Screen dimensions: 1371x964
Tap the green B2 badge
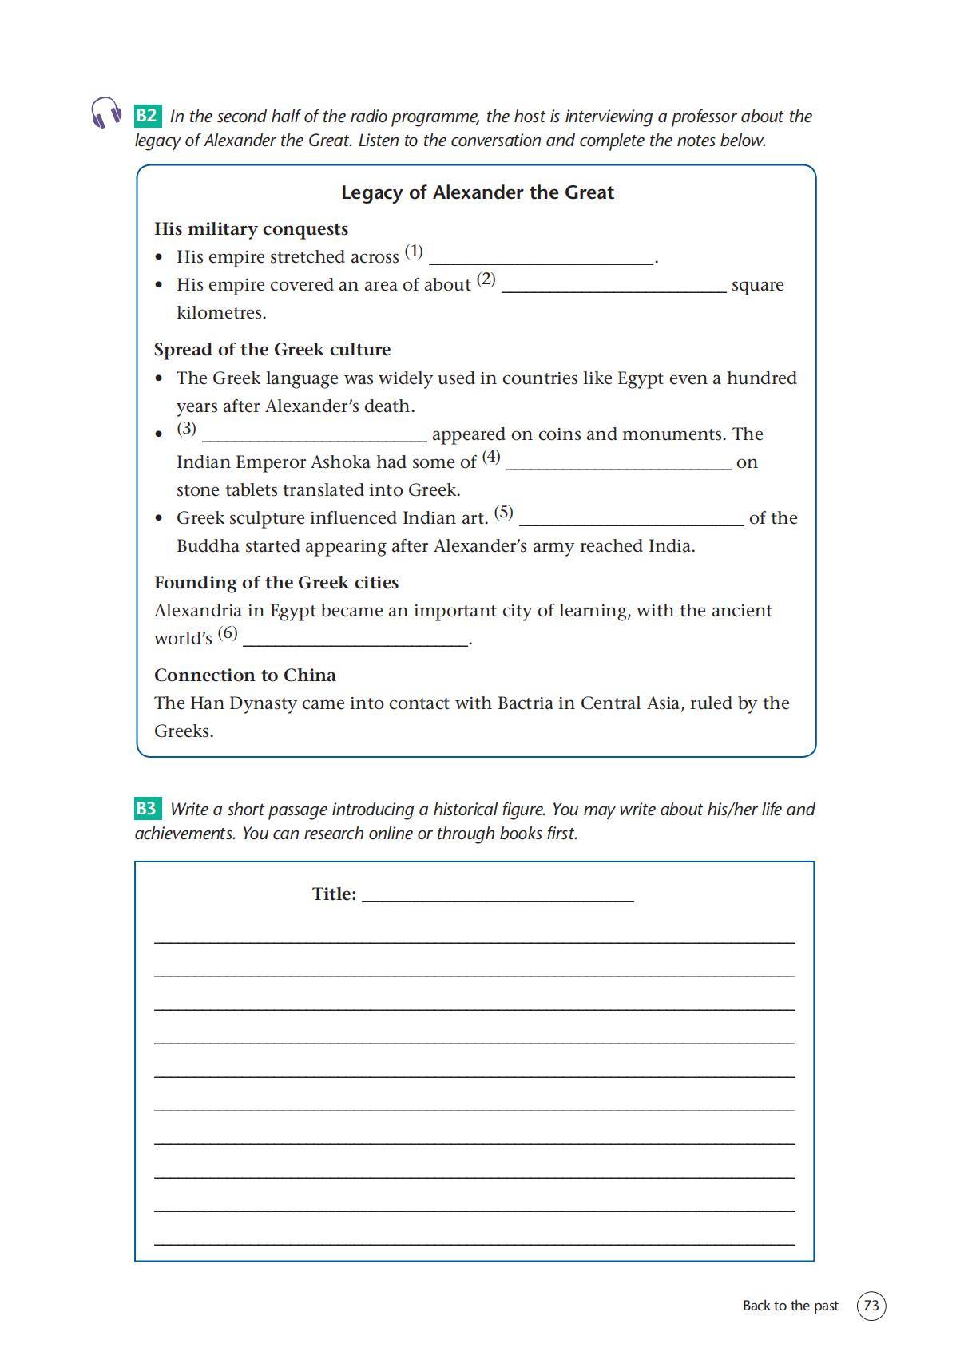coord(147,116)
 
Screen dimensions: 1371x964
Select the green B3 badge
coord(147,809)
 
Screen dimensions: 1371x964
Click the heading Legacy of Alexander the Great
coord(477,192)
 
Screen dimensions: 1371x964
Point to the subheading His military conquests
coord(251,229)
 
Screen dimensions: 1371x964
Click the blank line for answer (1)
coord(541,257)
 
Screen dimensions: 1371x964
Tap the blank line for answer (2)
coord(613,286)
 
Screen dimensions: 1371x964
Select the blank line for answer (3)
coord(314,434)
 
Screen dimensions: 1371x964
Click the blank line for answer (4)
coord(618,463)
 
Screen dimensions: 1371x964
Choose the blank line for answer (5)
coord(631,519)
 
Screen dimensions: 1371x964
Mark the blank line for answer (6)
coord(355,640)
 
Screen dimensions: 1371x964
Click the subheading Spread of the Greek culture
coord(272,350)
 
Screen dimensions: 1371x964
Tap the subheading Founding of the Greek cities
coord(276,583)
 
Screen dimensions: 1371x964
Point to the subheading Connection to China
coord(244,676)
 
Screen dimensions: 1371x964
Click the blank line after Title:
coord(498,895)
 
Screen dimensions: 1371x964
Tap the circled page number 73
coord(871,1306)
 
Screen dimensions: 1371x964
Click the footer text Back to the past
coord(790,1306)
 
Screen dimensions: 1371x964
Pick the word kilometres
coord(221,313)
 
